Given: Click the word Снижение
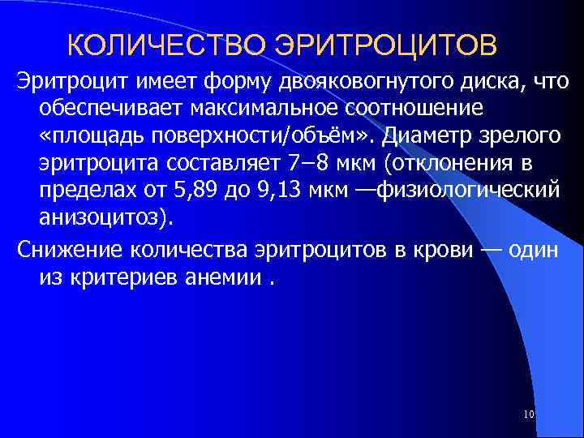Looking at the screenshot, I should tap(61, 251).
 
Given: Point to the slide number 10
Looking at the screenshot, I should tap(529, 415).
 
